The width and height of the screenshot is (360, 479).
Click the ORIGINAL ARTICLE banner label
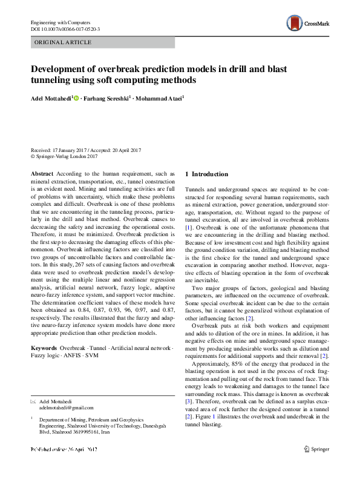click(63, 42)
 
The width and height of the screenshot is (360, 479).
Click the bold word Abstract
click(42, 173)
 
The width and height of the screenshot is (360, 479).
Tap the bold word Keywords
click(44, 348)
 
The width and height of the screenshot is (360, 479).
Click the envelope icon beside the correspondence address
click(33, 401)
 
